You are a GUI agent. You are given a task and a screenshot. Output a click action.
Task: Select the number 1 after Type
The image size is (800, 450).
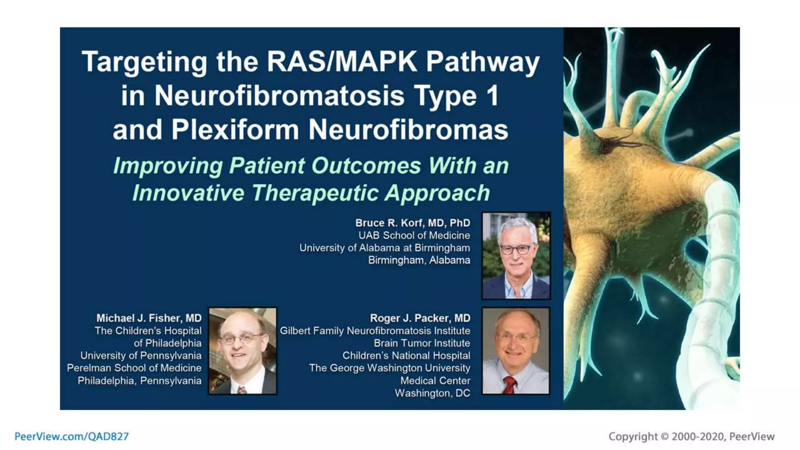(x=493, y=96)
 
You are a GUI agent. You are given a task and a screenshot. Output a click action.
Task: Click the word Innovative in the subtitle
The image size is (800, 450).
(x=188, y=193)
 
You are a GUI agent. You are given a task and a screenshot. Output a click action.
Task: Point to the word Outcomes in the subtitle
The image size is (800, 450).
(x=366, y=166)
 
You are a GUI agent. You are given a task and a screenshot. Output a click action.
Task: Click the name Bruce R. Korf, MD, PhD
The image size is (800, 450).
(x=412, y=223)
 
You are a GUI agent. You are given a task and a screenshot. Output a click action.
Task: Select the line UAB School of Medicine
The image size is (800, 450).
(x=414, y=236)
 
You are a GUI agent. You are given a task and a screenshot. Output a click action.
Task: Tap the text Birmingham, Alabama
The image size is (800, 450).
(x=419, y=260)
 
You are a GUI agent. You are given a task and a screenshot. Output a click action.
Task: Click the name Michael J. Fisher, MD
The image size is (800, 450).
(x=149, y=318)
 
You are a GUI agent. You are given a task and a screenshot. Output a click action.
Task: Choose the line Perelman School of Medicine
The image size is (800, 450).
(x=134, y=368)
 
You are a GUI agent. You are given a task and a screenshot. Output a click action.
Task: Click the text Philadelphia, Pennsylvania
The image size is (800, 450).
(x=139, y=380)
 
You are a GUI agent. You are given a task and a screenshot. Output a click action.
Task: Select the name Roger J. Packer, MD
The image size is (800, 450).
(x=420, y=318)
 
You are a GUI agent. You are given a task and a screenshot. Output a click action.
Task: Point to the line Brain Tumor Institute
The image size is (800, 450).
(x=421, y=343)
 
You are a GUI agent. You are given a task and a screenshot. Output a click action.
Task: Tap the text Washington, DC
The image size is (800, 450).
(x=432, y=393)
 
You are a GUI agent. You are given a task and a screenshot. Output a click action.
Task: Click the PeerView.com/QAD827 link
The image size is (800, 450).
(x=71, y=436)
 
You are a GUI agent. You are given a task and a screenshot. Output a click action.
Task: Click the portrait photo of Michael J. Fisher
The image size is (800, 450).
(x=243, y=351)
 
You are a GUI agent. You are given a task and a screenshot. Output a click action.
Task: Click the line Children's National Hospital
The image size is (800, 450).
(x=406, y=355)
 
